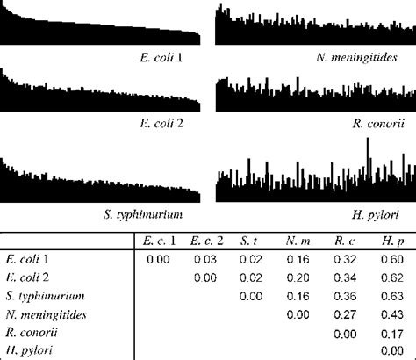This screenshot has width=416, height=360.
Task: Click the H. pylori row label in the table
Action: coord(27,351)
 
